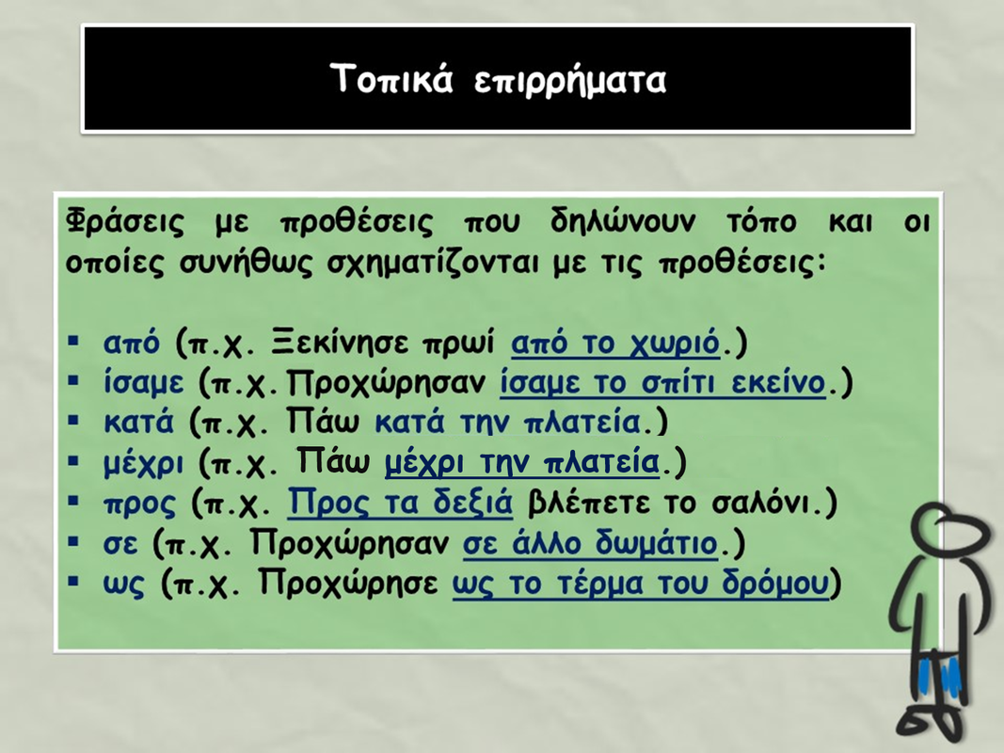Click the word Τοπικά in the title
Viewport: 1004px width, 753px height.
[x=391, y=79]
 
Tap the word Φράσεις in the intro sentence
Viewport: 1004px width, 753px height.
[x=125, y=221]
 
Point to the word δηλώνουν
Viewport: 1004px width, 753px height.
[x=622, y=221]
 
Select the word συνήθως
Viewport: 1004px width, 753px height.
[x=246, y=264]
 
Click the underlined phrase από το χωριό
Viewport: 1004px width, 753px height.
[x=615, y=344]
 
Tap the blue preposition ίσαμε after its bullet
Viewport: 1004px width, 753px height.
[x=143, y=383]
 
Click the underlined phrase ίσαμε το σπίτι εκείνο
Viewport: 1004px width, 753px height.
[x=662, y=383]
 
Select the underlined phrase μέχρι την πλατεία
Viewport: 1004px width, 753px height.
[x=522, y=462]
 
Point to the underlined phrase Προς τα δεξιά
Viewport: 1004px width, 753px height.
[x=400, y=502]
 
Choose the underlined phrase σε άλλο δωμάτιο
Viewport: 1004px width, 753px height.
[x=590, y=543]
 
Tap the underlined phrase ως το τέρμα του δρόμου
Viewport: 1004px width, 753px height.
[x=640, y=583]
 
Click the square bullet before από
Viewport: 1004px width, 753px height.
[x=73, y=341]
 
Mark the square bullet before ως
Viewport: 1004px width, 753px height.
[x=73, y=582]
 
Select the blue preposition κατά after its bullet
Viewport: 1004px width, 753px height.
[x=138, y=423]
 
